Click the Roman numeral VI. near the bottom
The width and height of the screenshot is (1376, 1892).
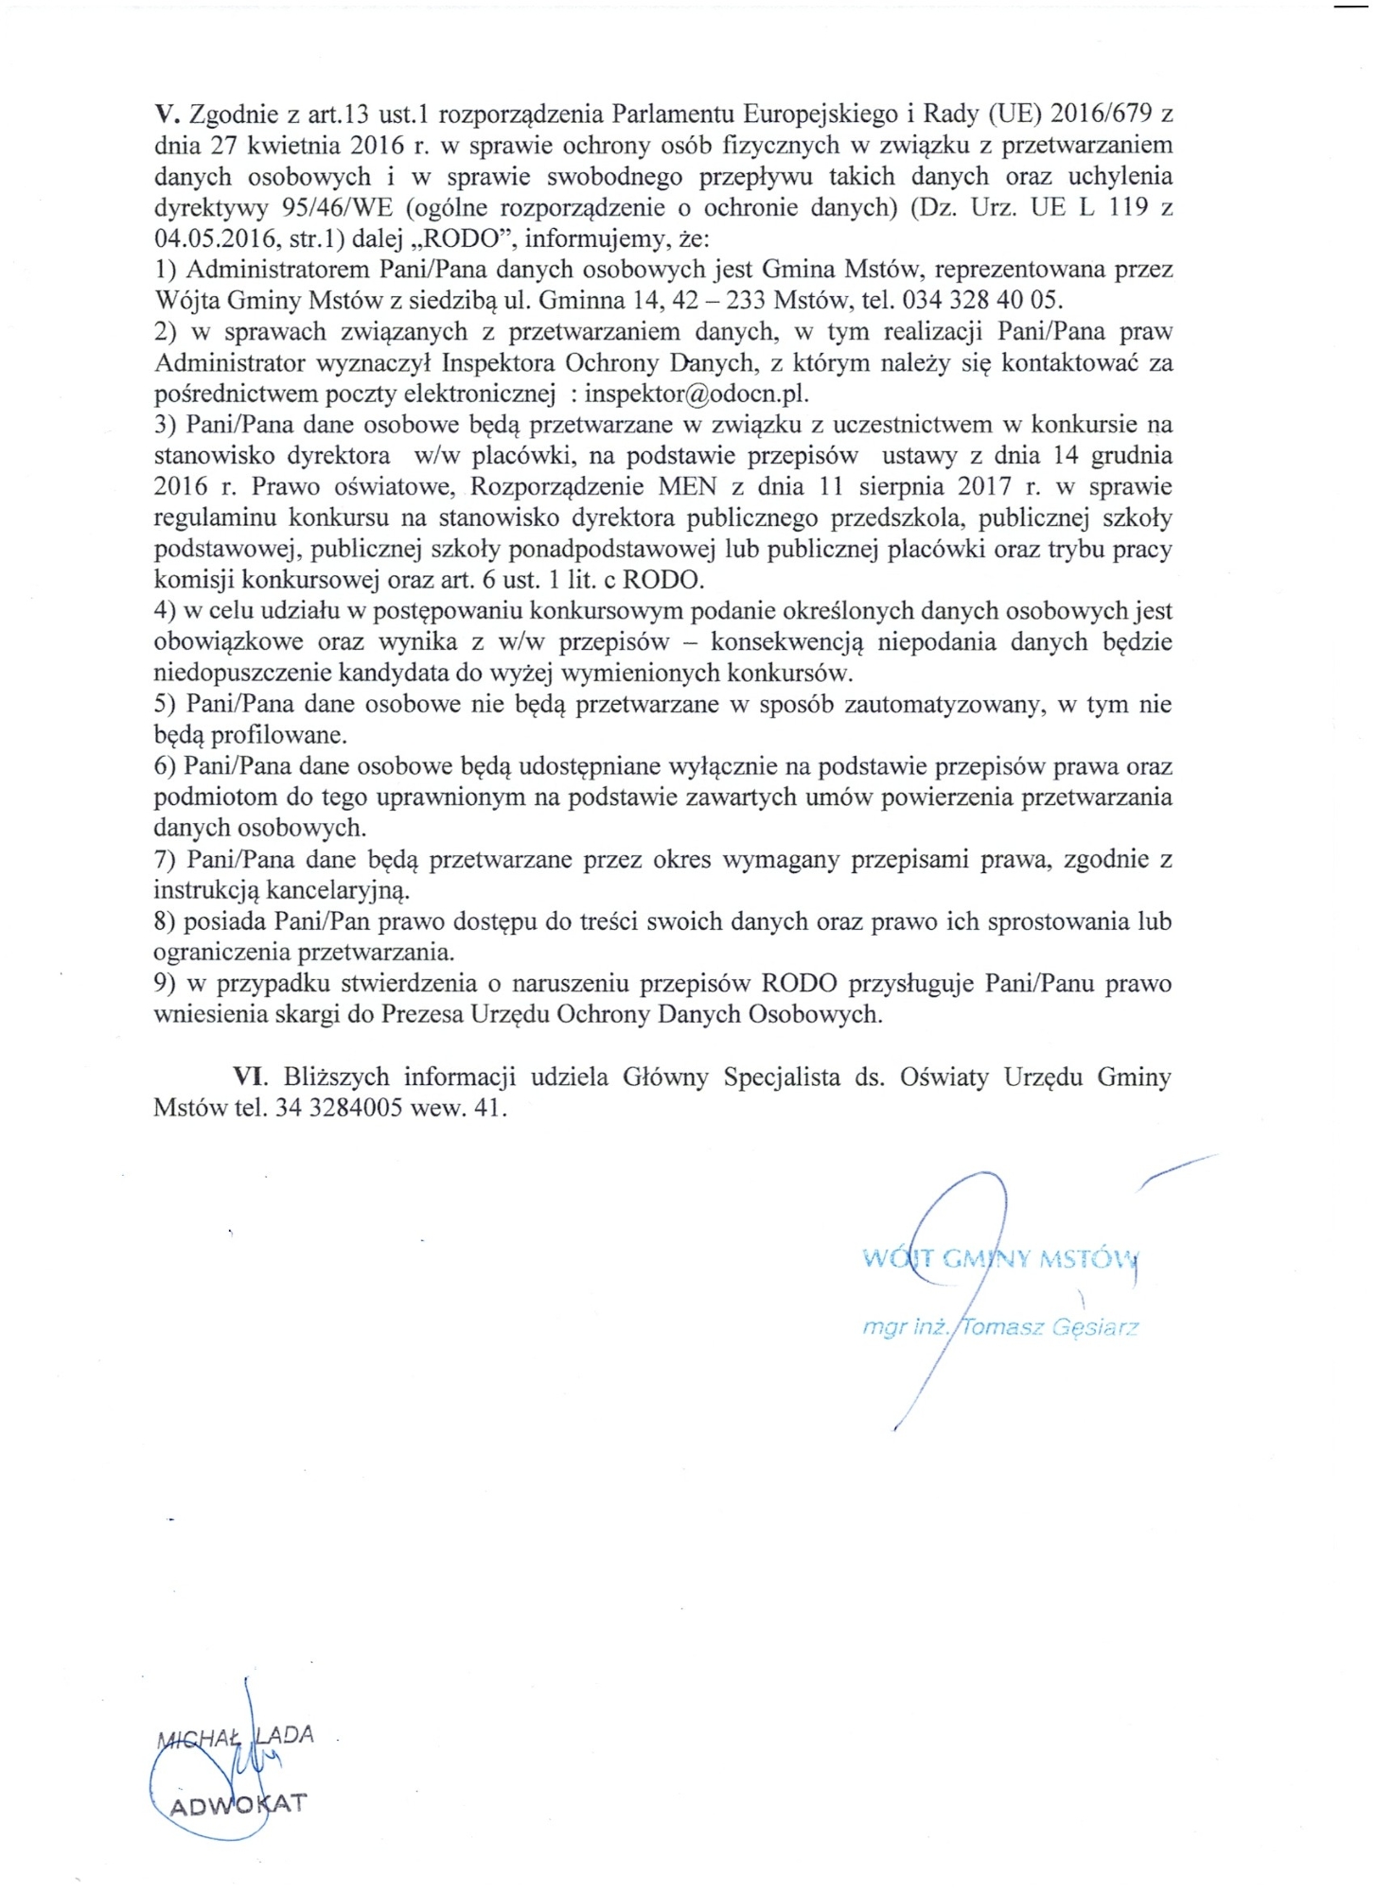[252, 1077]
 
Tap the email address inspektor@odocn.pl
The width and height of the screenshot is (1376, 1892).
[697, 394]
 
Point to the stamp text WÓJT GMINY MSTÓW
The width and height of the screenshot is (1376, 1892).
[999, 1259]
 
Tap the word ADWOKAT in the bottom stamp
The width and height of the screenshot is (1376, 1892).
[237, 1803]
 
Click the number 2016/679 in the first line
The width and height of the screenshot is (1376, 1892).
[1099, 115]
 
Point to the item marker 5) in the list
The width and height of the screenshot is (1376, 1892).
[167, 704]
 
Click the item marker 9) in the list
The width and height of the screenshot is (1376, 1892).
[167, 983]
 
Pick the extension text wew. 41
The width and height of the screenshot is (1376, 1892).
[459, 1108]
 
